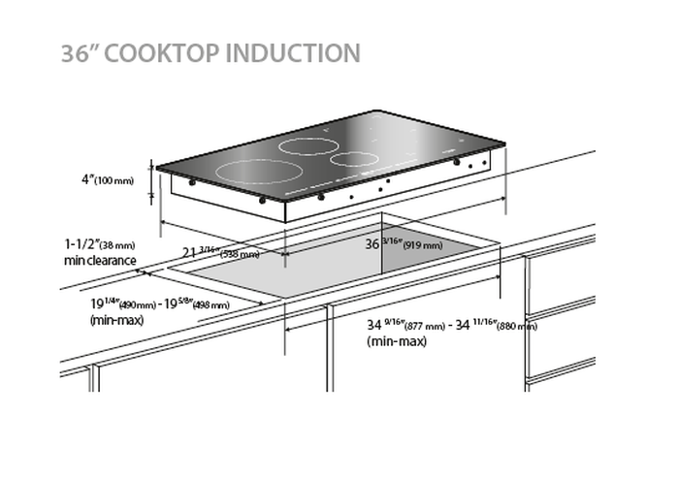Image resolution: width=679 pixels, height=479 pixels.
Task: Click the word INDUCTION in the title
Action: tap(292, 52)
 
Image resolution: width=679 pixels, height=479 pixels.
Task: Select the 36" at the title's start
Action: tap(78, 52)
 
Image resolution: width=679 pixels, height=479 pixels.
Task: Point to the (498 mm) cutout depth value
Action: tap(210, 304)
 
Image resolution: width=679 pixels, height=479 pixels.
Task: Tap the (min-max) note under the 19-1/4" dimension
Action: tap(115, 319)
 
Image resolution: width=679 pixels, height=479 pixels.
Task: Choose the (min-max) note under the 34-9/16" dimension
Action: tap(394, 341)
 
